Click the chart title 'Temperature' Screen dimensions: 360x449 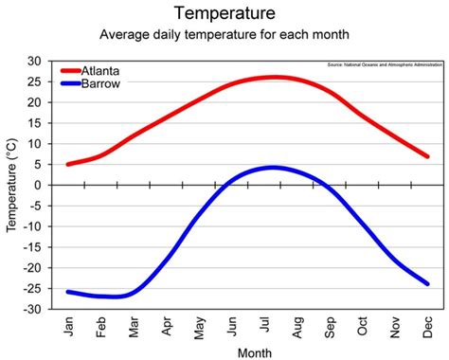224,14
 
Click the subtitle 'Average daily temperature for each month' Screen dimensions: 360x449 224,36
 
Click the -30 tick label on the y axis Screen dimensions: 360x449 31,310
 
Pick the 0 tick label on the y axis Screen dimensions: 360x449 38,186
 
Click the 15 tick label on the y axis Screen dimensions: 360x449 34,123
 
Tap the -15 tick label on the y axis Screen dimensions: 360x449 31,247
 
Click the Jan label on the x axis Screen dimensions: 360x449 68,328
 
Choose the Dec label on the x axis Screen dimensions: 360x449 427,328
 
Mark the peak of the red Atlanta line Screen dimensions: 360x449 274,77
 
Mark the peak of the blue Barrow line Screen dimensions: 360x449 273,168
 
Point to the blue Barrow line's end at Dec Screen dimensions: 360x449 427,283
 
